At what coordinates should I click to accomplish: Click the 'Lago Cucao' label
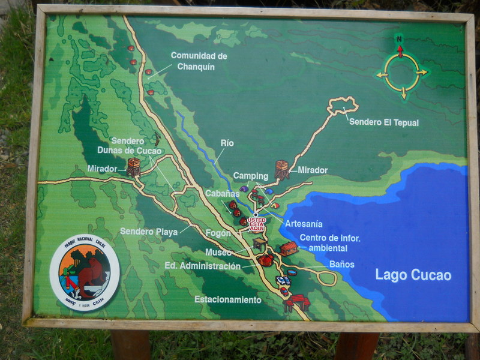(x=413, y=275)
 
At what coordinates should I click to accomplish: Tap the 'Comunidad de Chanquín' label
(x=199, y=61)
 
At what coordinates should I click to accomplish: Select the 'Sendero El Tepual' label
(x=384, y=123)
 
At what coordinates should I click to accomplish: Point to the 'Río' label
(x=227, y=143)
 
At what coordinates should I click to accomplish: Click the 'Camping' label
(x=250, y=176)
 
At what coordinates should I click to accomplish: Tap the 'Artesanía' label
(x=304, y=224)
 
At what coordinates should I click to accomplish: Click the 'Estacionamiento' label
(x=228, y=299)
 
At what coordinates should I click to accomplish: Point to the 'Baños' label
(x=342, y=264)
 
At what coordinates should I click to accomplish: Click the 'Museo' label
(x=218, y=253)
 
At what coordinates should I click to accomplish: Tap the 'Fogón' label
(x=217, y=233)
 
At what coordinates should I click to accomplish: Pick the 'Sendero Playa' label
(x=148, y=231)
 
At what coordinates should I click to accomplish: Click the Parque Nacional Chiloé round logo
(x=85, y=272)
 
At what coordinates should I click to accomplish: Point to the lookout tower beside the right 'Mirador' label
(x=281, y=170)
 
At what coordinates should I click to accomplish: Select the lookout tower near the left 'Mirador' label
(x=133, y=167)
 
